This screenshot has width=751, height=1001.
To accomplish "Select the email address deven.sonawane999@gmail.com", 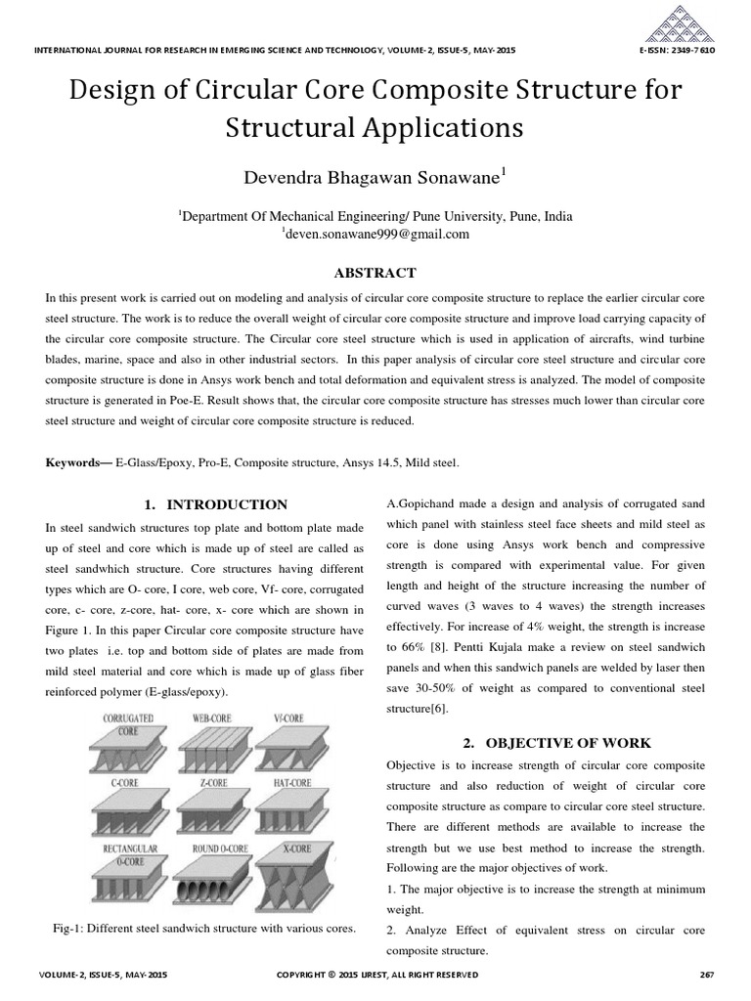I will [375, 235].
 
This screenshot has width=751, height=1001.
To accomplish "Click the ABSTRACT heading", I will [375, 273].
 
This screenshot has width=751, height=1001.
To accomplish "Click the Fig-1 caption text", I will [204, 927].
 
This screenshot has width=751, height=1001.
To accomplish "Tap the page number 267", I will [708, 975].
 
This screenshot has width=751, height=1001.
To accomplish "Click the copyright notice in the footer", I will [377, 975].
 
